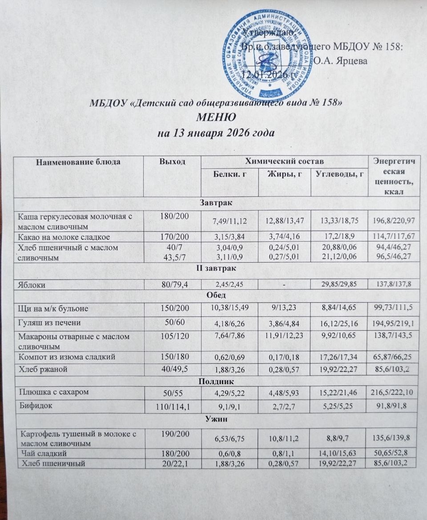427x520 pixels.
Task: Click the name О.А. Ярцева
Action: (x=340, y=61)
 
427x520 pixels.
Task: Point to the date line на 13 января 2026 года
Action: (x=216, y=132)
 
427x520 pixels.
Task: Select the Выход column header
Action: (x=172, y=163)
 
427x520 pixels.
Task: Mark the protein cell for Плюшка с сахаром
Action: (x=229, y=393)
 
